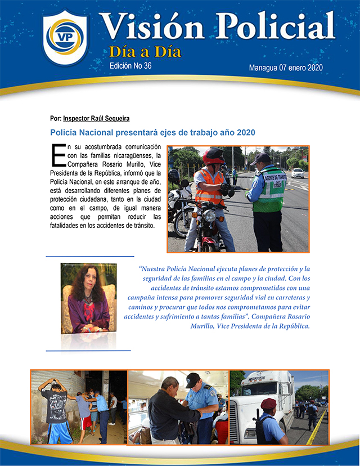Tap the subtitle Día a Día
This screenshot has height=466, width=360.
pyautogui.click(x=145, y=52)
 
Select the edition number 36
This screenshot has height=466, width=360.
pyautogui.click(x=147, y=66)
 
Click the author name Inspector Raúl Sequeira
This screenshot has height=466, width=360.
pyautogui.click(x=96, y=119)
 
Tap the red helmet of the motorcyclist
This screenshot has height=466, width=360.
pyautogui.click(x=214, y=155)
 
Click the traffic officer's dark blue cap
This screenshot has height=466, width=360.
pyautogui.click(x=260, y=159)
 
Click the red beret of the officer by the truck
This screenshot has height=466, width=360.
pyautogui.click(x=269, y=403)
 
